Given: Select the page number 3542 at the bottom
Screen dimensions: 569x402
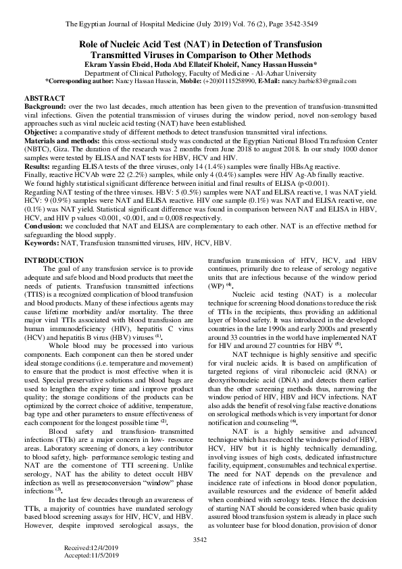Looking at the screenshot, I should tap(200, 539).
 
